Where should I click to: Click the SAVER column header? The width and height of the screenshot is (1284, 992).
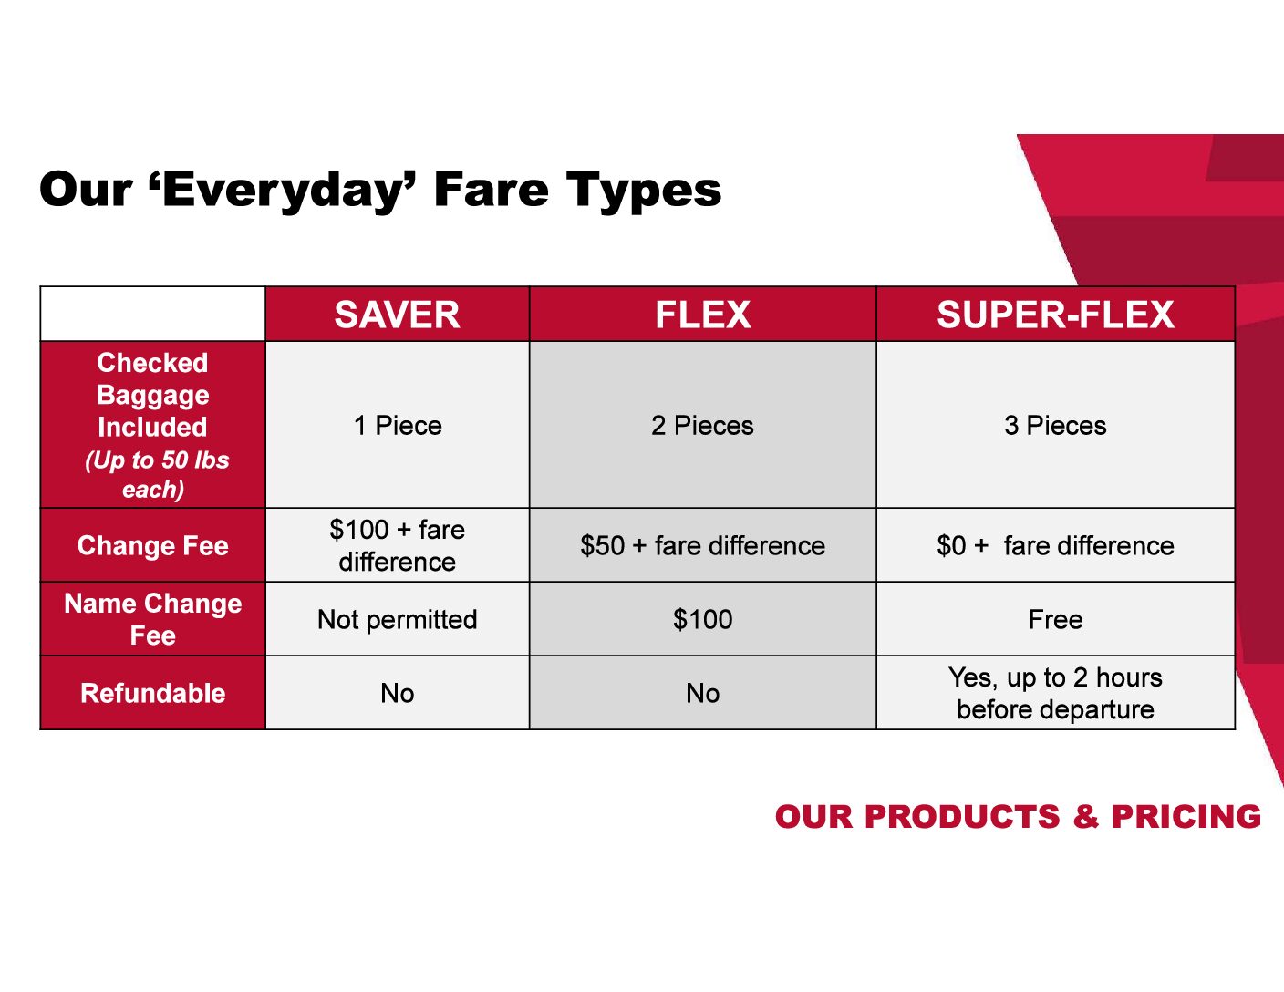pyautogui.click(x=397, y=315)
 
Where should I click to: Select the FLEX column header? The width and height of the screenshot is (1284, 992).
pyautogui.click(x=702, y=315)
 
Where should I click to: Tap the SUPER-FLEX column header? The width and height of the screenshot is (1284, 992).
pyautogui.click(x=1055, y=315)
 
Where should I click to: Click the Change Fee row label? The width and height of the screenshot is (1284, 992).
pyautogui.click(x=152, y=545)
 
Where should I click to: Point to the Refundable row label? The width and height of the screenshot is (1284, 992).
pyautogui.click(x=152, y=693)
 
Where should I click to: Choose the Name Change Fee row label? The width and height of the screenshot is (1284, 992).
pyautogui.click(x=152, y=619)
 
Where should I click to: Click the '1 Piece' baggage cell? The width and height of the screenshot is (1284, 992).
pyautogui.click(x=397, y=425)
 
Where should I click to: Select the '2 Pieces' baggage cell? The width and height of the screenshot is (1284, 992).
pyautogui.click(x=702, y=425)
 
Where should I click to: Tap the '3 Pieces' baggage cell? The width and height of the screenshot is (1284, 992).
pyautogui.click(x=1055, y=425)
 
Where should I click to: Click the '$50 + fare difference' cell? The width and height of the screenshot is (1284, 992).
pyautogui.click(x=702, y=545)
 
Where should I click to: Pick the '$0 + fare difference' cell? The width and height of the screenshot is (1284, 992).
pyautogui.click(x=1055, y=545)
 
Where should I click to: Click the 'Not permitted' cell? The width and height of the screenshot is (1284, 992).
pyautogui.click(x=397, y=619)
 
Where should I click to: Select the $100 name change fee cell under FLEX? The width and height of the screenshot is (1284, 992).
pyautogui.click(x=702, y=619)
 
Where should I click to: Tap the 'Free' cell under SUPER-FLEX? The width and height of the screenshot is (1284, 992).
pyautogui.click(x=1055, y=619)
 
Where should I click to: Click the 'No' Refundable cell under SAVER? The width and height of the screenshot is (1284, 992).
pyautogui.click(x=397, y=693)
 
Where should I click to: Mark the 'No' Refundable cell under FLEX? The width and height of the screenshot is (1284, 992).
pyautogui.click(x=702, y=693)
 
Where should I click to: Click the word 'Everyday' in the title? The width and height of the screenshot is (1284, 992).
pyautogui.click(x=283, y=191)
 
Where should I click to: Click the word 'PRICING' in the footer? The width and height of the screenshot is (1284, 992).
pyautogui.click(x=1186, y=817)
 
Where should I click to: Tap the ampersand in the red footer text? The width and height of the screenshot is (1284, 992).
pyautogui.click(x=1085, y=817)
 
